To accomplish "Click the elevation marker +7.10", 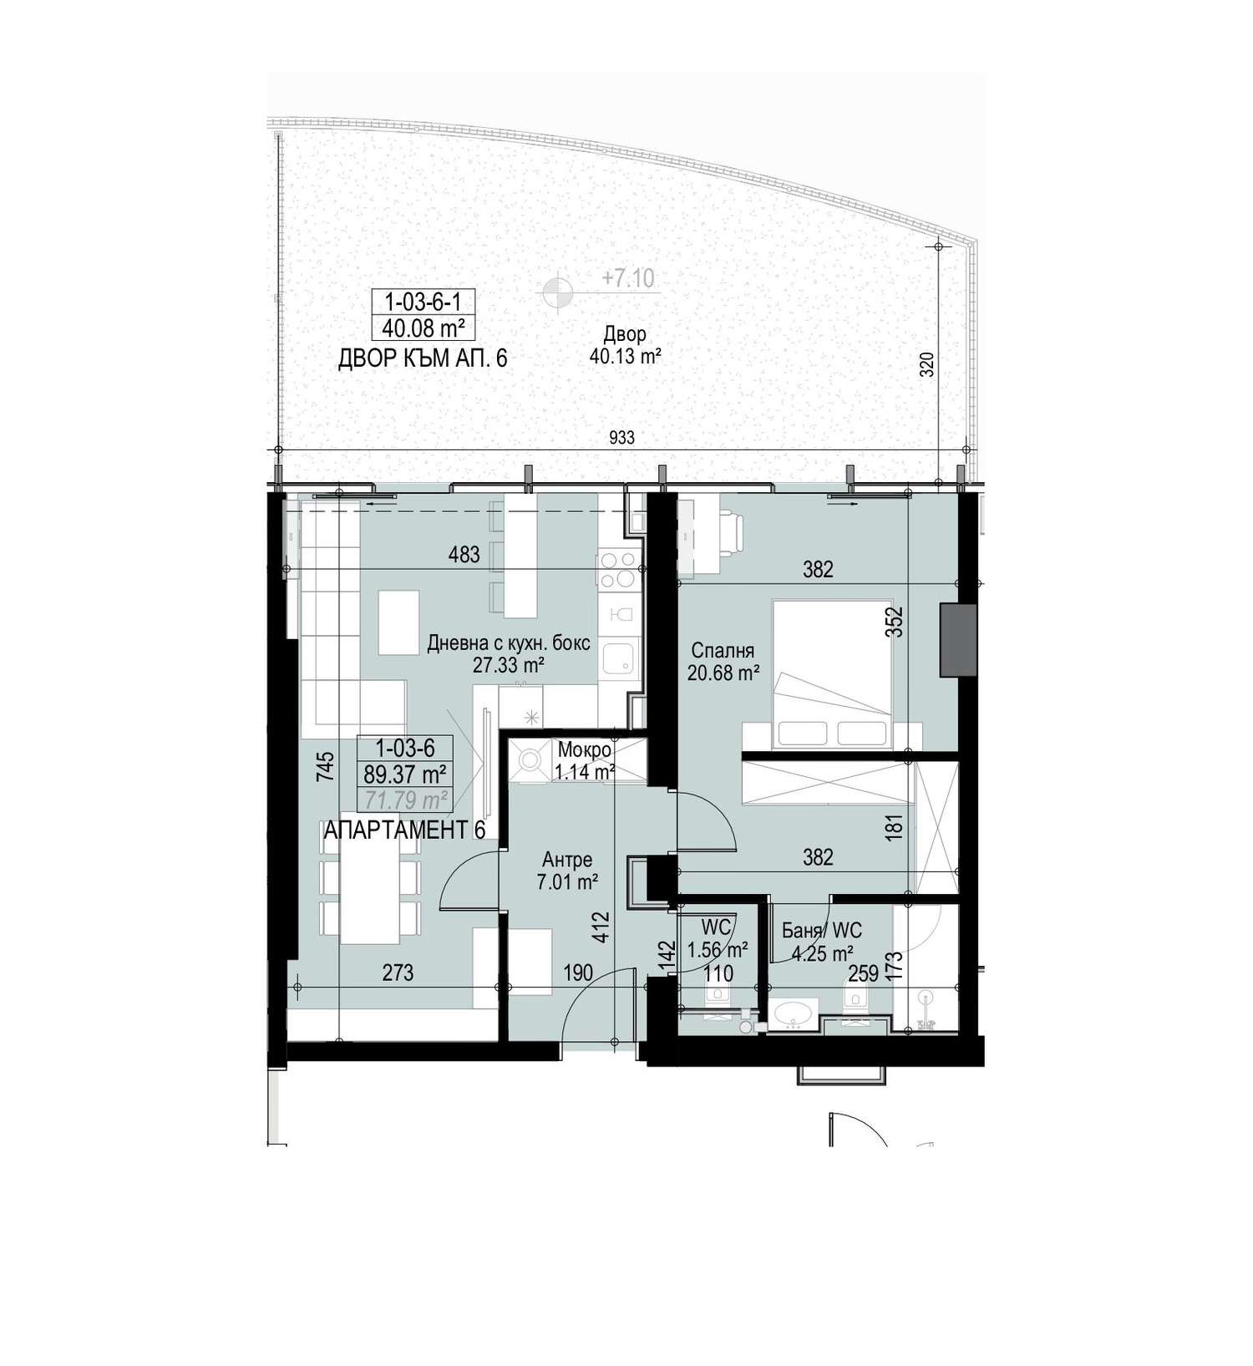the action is [x=628, y=277].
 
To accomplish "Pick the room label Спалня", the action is [x=723, y=651].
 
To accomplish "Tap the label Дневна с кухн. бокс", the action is [x=509, y=643].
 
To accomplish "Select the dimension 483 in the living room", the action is [x=464, y=554].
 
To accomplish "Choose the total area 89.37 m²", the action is [x=404, y=773].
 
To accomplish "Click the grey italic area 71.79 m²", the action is [x=404, y=800].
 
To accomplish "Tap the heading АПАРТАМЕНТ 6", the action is [x=404, y=830].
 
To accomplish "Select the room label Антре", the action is [x=567, y=860].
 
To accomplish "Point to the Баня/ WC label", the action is [x=822, y=931].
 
